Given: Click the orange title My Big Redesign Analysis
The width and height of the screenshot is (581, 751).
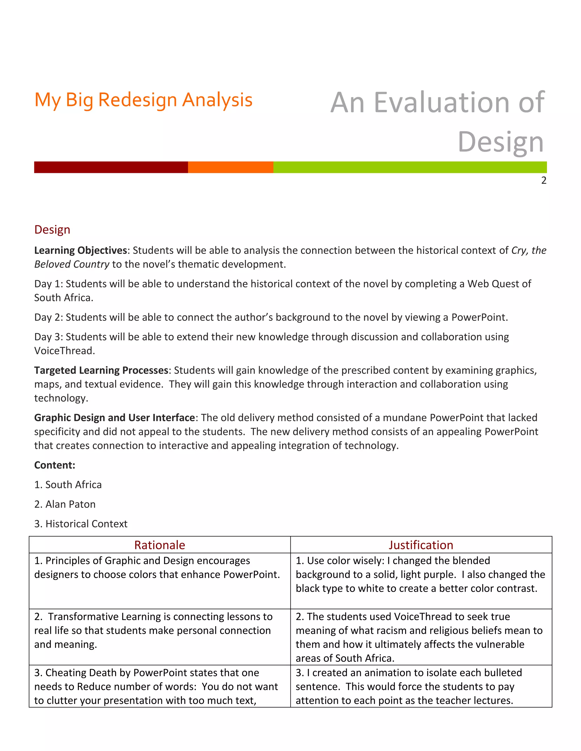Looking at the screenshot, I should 144,100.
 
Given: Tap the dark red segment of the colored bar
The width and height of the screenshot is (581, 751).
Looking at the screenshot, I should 111,167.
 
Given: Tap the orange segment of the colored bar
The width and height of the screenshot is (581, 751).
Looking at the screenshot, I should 230,167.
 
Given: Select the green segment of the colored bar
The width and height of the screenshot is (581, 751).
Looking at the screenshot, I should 410,167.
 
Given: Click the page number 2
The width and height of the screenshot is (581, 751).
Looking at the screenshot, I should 544,181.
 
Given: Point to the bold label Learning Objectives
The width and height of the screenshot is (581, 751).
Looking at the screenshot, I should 81,250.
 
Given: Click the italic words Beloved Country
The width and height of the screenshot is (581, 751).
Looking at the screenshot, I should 71,264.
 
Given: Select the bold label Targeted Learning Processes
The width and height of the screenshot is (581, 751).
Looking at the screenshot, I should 101,370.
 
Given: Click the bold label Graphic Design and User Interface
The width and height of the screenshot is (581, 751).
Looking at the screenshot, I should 114,417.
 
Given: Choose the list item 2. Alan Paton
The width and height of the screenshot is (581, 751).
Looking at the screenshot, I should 65,504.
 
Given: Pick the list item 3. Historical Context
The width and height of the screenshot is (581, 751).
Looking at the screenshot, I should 81,524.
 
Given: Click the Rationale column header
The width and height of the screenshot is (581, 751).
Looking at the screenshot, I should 159,545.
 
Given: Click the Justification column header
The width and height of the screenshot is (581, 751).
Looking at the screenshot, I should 421,545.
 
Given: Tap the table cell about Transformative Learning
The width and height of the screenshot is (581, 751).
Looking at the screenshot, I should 159,630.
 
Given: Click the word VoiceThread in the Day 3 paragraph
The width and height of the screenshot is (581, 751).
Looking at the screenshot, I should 64,351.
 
